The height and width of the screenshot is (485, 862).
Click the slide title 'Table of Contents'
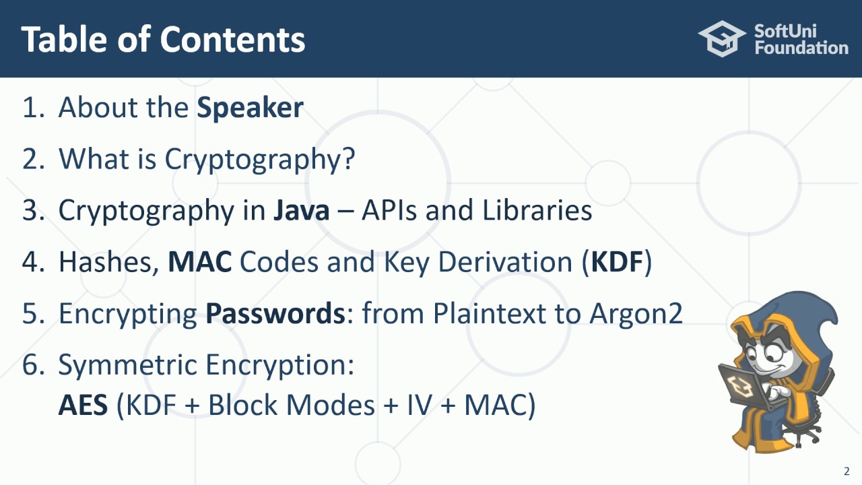(163, 40)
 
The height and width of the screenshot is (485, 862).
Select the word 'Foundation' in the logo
(801, 48)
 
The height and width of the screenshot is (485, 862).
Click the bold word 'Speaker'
(250, 108)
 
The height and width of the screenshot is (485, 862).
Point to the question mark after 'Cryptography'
(347, 159)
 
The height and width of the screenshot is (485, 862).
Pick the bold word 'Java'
(301, 211)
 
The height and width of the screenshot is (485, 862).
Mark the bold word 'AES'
(83, 406)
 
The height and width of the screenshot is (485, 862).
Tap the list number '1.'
(33, 108)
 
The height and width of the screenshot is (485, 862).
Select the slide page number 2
(847, 472)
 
